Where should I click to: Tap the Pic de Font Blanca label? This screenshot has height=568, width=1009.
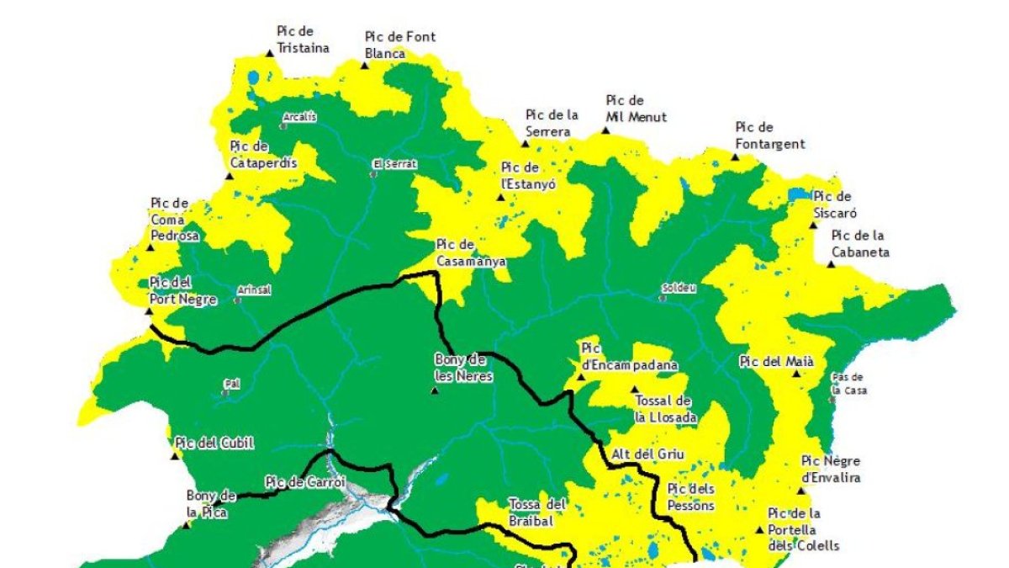(399, 45)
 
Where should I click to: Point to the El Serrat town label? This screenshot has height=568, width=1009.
(394, 164)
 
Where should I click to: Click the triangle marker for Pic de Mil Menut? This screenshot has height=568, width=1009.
(605, 130)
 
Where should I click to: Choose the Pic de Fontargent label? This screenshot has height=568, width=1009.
(769, 135)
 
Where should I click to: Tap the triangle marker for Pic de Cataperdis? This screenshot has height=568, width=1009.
(230, 176)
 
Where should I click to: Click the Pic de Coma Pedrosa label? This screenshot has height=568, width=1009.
(175, 220)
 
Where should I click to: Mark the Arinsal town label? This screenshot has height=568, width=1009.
(255, 289)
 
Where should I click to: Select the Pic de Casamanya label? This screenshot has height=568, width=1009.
(471, 253)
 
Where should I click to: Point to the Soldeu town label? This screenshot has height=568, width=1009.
(679, 288)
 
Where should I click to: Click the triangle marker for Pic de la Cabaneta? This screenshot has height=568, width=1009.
(831, 264)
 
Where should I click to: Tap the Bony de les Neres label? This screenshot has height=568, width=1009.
(463, 368)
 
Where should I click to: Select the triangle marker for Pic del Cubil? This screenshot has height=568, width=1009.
(176, 456)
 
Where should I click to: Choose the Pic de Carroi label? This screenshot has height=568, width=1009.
(295, 482)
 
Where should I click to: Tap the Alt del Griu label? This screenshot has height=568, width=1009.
(647, 454)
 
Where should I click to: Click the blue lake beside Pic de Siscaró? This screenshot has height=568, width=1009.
(797, 195)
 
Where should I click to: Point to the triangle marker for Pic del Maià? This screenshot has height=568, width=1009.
(796, 373)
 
